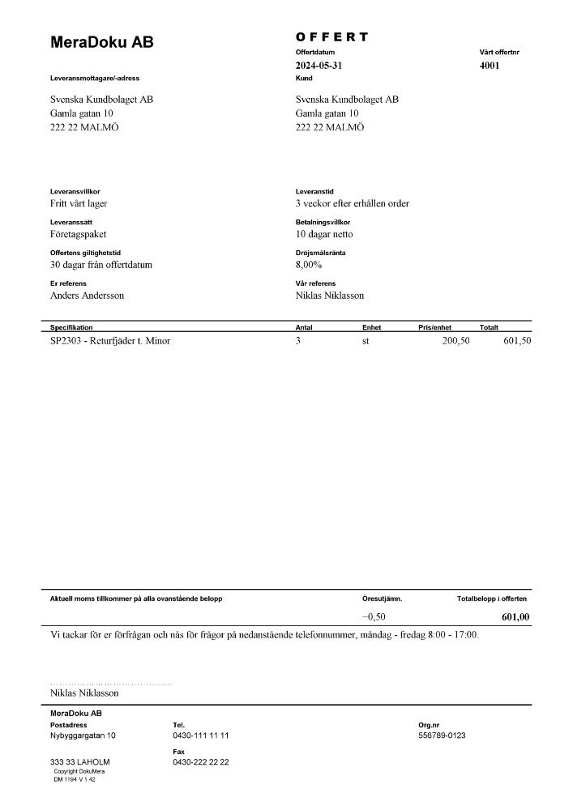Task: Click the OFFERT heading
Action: tap(332, 37)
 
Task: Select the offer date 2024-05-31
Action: tap(324, 66)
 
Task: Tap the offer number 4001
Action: tap(490, 66)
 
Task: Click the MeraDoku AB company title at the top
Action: tap(101, 42)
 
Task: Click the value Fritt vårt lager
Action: tap(79, 203)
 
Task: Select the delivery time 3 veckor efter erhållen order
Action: tap(353, 203)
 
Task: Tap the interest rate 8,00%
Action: tap(309, 265)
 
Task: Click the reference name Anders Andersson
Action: tap(87, 296)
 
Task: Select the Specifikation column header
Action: tap(71, 327)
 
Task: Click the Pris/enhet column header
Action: tap(434, 327)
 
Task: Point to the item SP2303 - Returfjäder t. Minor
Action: tap(110, 341)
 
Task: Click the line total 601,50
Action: tap(514, 341)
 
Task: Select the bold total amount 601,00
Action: tap(515, 616)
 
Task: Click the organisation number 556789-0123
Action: tap(442, 735)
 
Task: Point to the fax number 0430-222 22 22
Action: tap(201, 762)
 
